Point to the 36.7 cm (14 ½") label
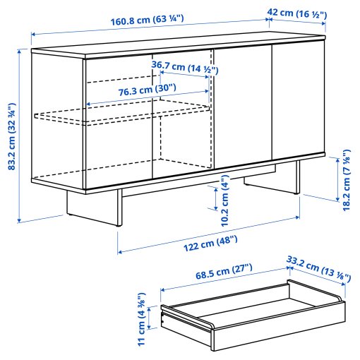[185, 68]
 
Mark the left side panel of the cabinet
[58, 120]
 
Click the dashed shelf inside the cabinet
[127, 113]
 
